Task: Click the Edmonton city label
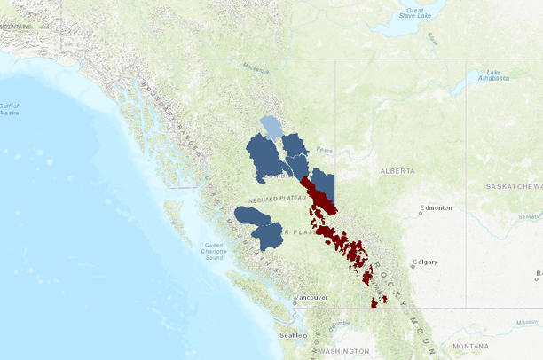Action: pyautogui.click(x=437, y=208)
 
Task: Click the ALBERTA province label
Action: pyautogui.click(x=397, y=169)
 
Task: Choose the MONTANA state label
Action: pyautogui.click(x=469, y=345)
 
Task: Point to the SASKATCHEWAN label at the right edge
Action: pyautogui.click(x=514, y=187)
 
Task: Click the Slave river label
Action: pyautogui.click(x=432, y=38)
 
